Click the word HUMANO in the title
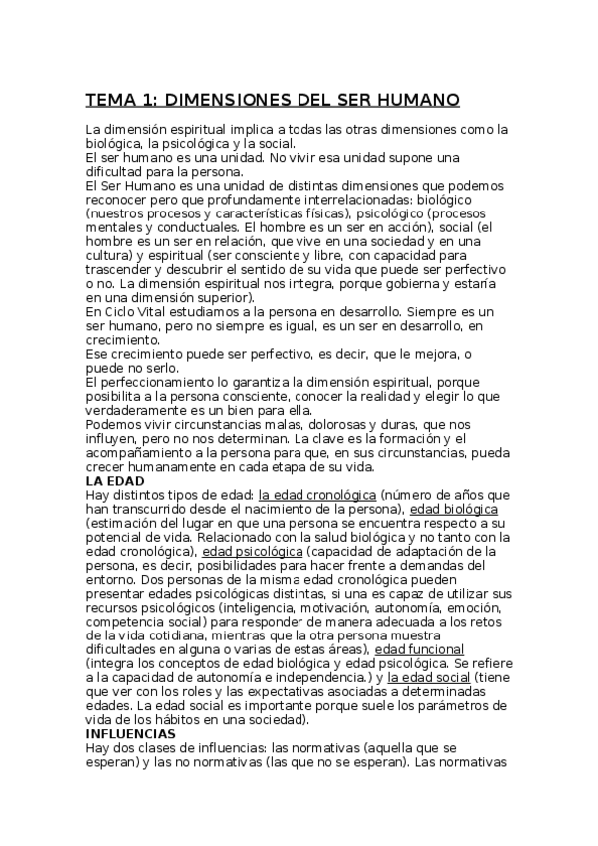coord(411,100)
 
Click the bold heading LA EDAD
coord(115,480)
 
